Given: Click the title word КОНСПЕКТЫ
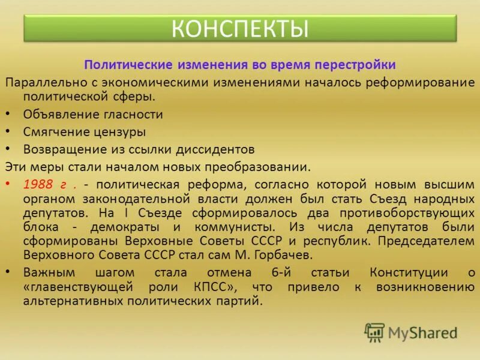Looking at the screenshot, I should pos(240,28).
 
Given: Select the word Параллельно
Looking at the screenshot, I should pos(43,81).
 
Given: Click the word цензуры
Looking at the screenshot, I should pos(119,131).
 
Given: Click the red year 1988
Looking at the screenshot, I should pos(39,184).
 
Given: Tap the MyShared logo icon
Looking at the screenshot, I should pos(374,332).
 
